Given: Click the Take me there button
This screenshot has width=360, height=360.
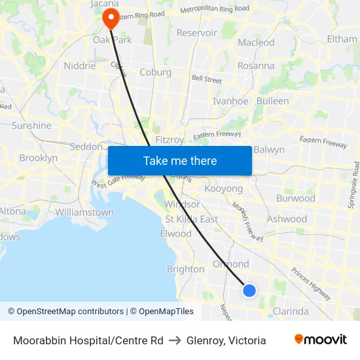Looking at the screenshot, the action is (179, 160).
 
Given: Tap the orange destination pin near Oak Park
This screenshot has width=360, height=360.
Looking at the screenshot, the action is (111, 18).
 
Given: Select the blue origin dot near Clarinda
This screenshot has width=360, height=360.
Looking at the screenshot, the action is (249, 290).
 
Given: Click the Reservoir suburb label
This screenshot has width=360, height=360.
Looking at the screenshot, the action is (196, 33).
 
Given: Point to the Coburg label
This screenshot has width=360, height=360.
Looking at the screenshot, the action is (155, 73).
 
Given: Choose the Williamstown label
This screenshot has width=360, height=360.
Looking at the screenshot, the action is (84, 213).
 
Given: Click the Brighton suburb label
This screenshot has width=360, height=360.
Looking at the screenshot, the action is (185, 269).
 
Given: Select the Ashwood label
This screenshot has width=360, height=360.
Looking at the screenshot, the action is (287, 219).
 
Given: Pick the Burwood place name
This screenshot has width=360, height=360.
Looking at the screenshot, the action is (296, 198).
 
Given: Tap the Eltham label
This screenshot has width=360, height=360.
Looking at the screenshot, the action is (342, 39).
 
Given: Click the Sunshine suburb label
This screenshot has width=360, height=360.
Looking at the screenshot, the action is (31, 126).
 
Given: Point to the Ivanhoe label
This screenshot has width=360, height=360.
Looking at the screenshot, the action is (230, 101).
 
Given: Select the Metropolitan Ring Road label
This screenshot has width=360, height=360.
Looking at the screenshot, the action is (215, 9).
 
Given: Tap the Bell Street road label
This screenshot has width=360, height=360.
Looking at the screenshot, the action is (207, 79).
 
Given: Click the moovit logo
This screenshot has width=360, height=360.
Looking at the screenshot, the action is (320, 340).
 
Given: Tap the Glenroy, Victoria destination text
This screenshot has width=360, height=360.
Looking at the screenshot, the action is (226, 340).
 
